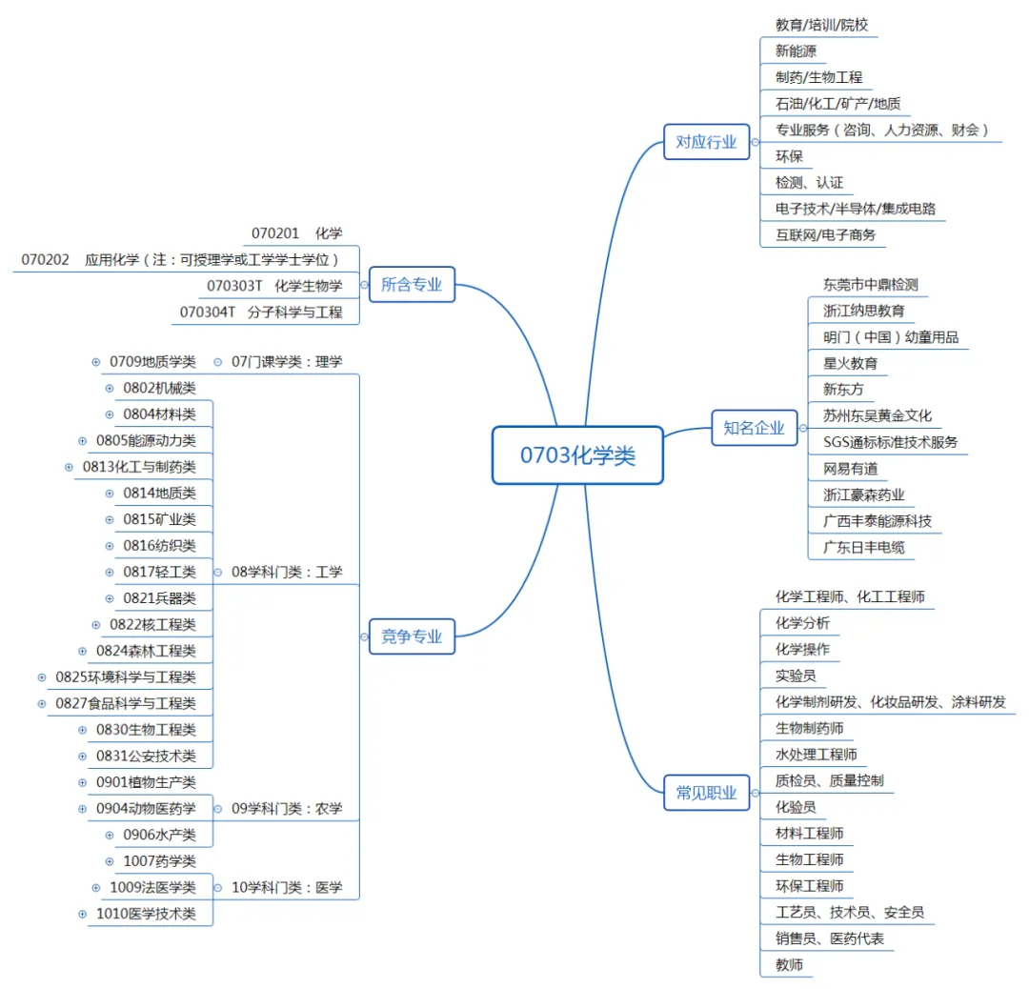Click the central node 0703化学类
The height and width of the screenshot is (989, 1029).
coord(577,455)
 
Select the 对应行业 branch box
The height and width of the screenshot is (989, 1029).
coord(706,142)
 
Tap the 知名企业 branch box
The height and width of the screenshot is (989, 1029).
coord(754,428)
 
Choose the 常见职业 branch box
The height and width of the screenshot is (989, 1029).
coord(706,793)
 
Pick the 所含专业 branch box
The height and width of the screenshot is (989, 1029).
coord(412,284)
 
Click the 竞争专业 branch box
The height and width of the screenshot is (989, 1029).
coord(412,636)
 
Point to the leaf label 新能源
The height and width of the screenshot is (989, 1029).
coord(795,51)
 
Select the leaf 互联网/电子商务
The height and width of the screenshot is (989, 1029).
coord(825,234)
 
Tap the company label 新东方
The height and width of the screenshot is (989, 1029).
coord(843,389)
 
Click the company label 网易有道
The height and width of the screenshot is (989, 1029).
coord(850,468)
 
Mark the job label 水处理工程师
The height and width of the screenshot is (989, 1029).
coord(816,755)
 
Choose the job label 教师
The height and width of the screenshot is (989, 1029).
coord(789,964)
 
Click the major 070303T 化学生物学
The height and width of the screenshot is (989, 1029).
coord(274,285)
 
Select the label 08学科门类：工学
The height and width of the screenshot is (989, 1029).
coord(287,573)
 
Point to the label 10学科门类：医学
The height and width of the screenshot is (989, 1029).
coord(287,888)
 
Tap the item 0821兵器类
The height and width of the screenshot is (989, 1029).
coord(159,598)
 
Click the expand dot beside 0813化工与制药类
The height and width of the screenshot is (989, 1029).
coord(69,467)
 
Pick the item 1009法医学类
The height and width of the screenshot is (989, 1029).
coord(152,888)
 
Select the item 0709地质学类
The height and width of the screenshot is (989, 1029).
coord(152,361)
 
